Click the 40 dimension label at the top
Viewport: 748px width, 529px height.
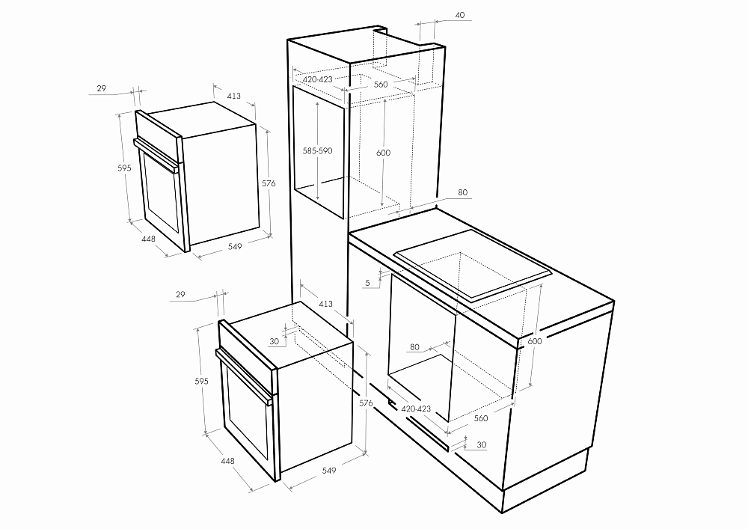click(460, 15)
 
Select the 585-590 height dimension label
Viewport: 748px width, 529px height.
click(317, 150)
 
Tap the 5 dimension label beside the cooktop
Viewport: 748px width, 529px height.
click(367, 283)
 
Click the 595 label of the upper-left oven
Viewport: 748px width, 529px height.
click(124, 168)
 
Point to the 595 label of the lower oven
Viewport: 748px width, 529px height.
click(201, 381)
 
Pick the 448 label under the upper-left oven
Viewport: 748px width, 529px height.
click(148, 238)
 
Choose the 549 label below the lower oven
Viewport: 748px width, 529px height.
click(328, 471)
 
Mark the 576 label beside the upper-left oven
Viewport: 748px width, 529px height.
click(269, 183)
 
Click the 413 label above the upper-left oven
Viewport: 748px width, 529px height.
click(233, 96)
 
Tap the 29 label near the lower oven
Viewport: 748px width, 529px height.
click(180, 294)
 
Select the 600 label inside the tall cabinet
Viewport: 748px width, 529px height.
click(383, 153)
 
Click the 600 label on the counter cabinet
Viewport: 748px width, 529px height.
click(535, 341)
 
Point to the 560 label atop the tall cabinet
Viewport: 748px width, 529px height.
click(381, 85)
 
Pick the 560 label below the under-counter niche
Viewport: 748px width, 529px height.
click(481, 418)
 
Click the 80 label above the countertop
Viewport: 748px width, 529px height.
click(463, 193)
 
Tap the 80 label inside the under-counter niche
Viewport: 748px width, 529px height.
click(414, 347)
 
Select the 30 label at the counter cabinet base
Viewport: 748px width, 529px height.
click(482, 445)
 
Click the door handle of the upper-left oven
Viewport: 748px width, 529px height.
click(156, 155)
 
